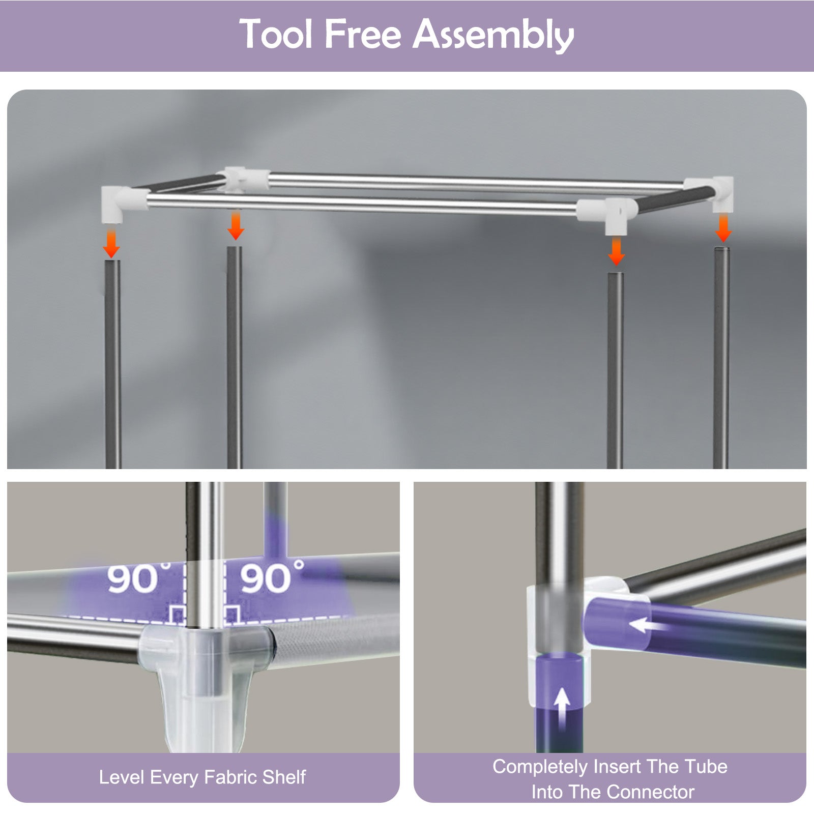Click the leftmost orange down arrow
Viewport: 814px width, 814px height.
pyautogui.click(x=111, y=243)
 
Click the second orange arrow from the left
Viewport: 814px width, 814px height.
pyautogui.click(x=236, y=225)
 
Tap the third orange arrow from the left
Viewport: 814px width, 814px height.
pyautogui.click(x=616, y=251)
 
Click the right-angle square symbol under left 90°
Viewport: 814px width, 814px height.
pyautogui.click(x=178, y=615)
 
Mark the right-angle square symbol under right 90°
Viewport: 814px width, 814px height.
pyautogui.click(x=232, y=615)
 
